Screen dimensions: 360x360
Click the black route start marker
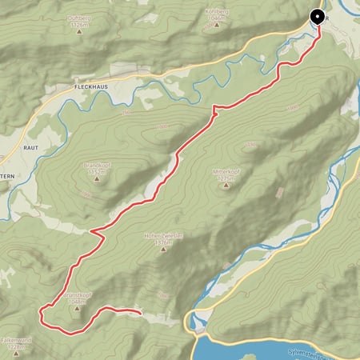click(318, 16)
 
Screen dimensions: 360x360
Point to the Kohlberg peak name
click(217, 12)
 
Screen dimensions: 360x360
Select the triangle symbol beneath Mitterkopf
click(225, 185)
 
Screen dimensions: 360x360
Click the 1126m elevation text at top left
click(78, 26)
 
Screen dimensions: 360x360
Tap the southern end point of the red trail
click(140, 314)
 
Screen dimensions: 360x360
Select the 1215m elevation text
click(225, 178)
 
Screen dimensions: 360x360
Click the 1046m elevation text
click(217, 19)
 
